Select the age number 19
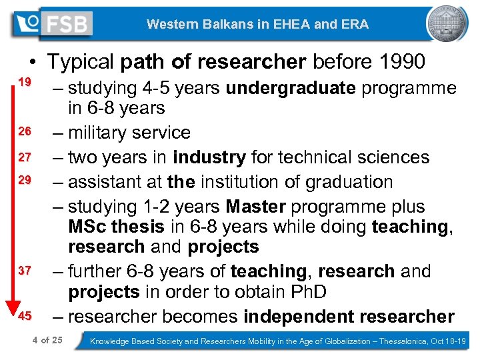(25, 82)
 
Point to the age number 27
(25, 157)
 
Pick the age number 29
(25, 181)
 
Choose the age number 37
(25, 271)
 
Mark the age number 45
(25, 315)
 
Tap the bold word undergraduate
(291, 88)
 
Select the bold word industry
(209, 157)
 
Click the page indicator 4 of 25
(47, 341)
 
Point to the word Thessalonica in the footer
(401, 341)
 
